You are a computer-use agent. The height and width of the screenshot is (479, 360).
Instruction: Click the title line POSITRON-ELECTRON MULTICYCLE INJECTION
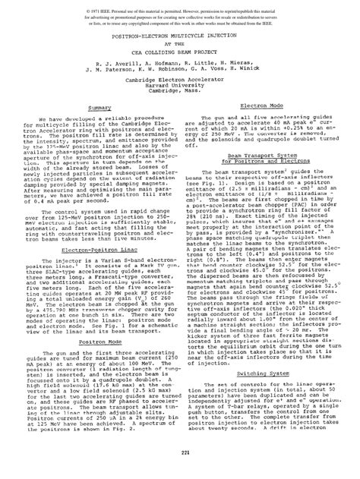point(180,36)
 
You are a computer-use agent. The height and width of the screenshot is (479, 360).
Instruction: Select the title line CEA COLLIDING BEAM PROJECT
point(180,50)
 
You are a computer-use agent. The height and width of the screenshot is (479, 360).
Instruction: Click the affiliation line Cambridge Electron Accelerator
point(180,81)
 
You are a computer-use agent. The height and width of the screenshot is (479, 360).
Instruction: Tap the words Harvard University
point(180,87)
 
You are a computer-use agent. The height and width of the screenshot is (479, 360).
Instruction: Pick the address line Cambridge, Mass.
point(180,93)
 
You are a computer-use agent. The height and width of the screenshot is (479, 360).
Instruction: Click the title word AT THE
point(180,43)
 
